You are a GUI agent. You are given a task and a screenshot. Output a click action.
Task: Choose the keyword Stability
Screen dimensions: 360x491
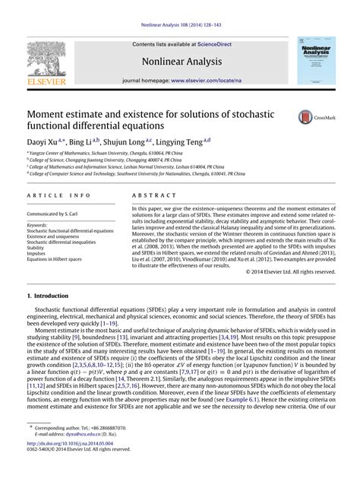click(36, 248)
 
